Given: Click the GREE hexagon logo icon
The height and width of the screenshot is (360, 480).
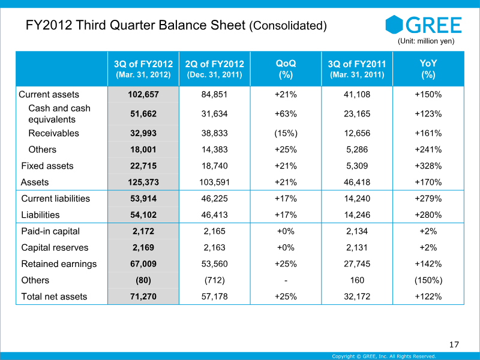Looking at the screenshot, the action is [x=394, y=25].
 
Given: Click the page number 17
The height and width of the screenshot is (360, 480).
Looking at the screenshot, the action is [x=454, y=344].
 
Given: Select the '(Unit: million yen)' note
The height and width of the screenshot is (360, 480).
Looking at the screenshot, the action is [x=426, y=41].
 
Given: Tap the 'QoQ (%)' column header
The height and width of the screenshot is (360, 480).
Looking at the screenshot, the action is [x=286, y=69].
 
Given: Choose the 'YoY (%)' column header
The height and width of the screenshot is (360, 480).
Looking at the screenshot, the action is [x=428, y=69].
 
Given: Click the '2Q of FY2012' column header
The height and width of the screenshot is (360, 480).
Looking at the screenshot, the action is [x=215, y=64].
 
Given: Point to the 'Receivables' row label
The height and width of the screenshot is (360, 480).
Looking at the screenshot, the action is [x=53, y=133].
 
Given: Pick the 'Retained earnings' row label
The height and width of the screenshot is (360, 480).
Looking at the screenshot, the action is [x=59, y=264].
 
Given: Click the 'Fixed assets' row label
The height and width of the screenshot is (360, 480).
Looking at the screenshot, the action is [x=47, y=166].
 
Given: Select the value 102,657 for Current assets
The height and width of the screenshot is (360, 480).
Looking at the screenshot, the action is [x=143, y=94].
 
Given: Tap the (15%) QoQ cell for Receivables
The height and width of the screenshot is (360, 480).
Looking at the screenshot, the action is [x=286, y=133].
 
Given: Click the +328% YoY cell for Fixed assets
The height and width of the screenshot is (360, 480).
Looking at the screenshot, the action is [x=428, y=166].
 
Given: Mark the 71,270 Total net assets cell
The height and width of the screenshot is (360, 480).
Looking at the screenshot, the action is [x=143, y=296].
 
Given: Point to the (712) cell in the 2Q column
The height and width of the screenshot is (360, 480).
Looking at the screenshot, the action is [x=215, y=280].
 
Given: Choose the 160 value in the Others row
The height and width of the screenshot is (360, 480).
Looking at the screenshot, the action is [x=357, y=280].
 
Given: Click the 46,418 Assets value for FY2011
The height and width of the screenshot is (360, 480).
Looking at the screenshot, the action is [x=357, y=182].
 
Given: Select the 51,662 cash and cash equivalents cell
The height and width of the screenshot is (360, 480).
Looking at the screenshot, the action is [x=143, y=114].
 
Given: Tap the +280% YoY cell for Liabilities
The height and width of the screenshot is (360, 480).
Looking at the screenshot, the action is [x=428, y=215].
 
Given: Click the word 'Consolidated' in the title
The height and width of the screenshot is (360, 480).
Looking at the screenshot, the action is [x=288, y=25].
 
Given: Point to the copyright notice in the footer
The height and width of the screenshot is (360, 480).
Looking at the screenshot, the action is [x=384, y=356].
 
